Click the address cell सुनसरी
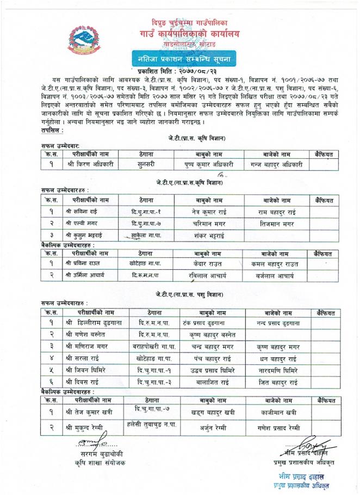[146, 162]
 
